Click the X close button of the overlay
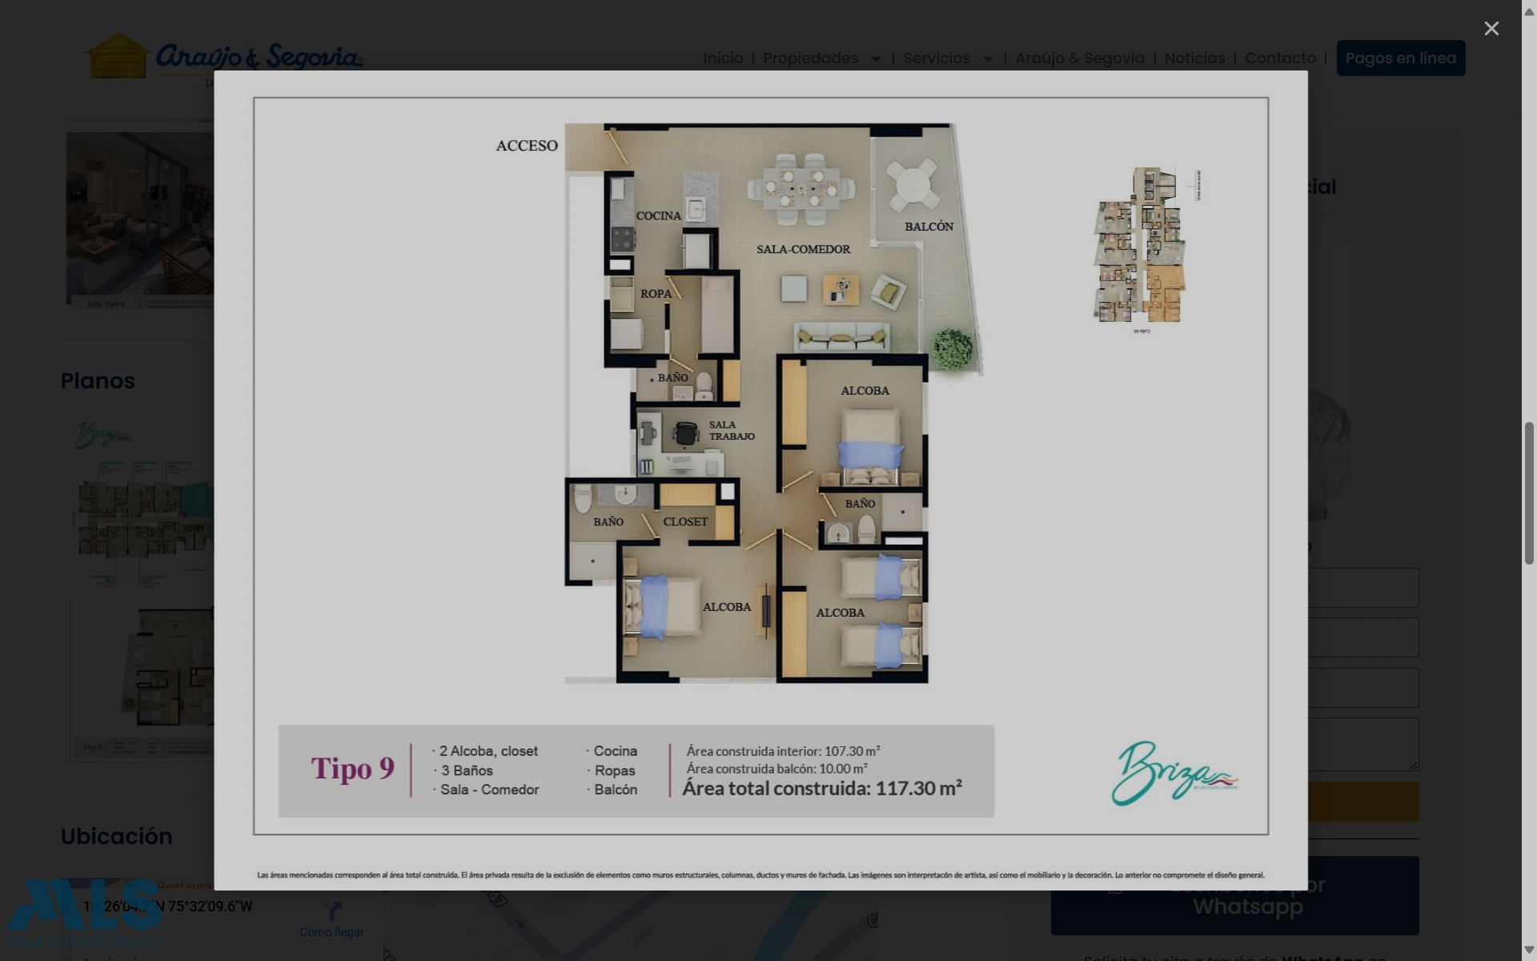tap(1491, 29)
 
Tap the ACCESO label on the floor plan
tap(527, 146)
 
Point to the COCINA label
tap(658, 216)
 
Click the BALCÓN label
tap(929, 227)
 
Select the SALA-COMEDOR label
tap(803, 249)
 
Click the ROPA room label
tap(656, 294)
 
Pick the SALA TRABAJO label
tap(731, 431)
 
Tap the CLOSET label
tap(685, 522)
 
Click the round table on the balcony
tap(913, 185)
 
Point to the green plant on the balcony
tap(952, 349)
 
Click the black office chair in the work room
tap(686, 433)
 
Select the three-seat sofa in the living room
tap(841, 336)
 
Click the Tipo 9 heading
tap(352, 769)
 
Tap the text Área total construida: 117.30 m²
tap(821, 789)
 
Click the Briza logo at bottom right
tap(1173, 774)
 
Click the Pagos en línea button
tap(1400, 58)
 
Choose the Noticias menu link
tap(1194, 58)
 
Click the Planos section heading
tap(98, 381)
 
